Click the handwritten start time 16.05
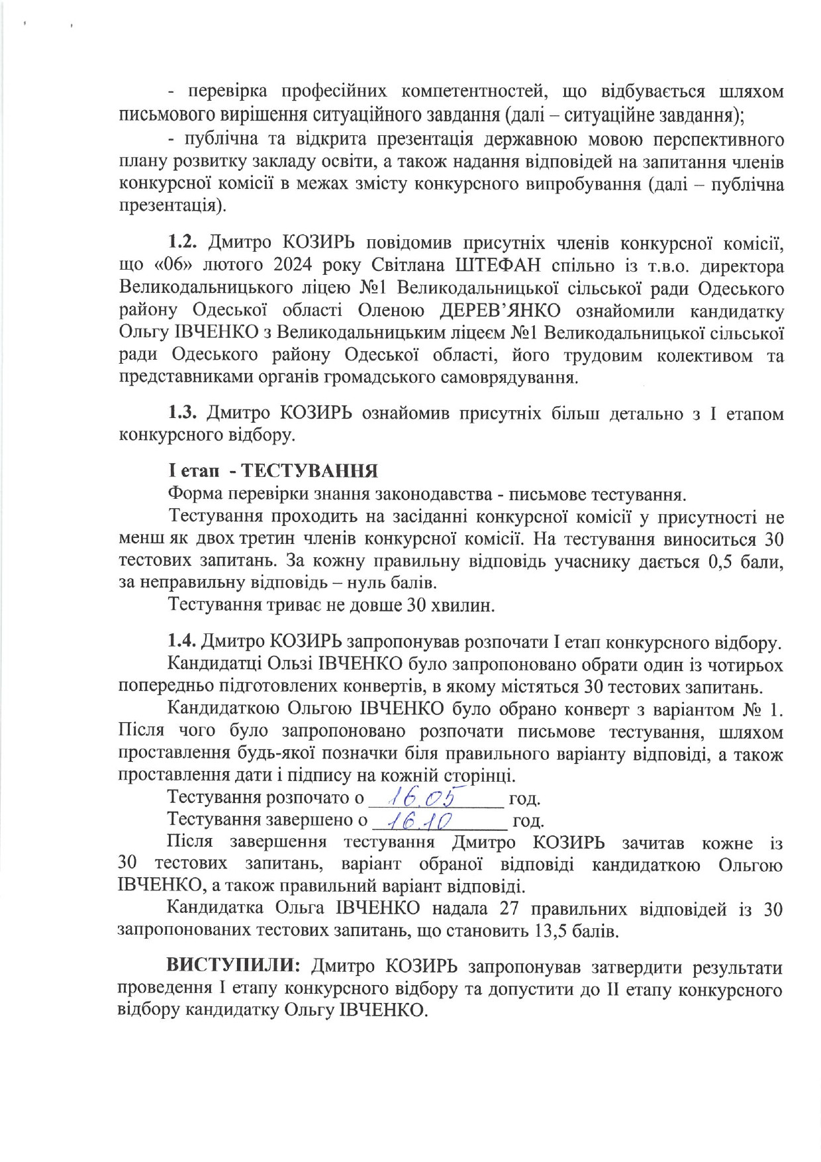pos(432,796)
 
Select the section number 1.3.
pos(183,413)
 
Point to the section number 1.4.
pos(181,642)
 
